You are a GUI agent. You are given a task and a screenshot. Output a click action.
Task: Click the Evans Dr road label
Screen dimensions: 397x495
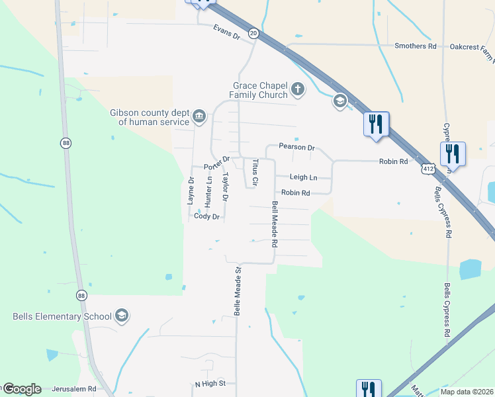tap(226, 30)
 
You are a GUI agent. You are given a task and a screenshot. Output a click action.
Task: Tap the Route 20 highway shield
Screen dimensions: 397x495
tap(253, 32)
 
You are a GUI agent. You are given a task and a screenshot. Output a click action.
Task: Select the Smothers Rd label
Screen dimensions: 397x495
tap(416, 46)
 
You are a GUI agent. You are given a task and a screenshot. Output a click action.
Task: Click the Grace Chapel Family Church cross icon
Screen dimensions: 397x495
tap(298, 89)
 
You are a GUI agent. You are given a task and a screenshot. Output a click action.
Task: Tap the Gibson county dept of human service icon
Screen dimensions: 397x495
tap(199, 117)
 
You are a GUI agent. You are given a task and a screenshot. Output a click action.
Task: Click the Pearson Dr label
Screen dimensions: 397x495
tap(296, 146)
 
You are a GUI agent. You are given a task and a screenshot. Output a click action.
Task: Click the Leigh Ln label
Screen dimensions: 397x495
tap(304, 177)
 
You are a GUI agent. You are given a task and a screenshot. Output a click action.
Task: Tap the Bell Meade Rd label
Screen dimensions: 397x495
tap(274, 224)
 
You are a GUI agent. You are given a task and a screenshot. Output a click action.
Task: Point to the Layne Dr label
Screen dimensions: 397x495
tap(191, 189)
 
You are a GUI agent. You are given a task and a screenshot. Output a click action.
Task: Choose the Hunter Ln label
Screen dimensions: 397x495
tap(208, 189)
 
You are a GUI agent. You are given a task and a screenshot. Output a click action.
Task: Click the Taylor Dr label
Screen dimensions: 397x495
tap(226, 187)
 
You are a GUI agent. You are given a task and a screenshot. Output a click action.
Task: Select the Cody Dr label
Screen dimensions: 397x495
tap(206, 216)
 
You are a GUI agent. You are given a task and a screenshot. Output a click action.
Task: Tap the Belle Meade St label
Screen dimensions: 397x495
tap(236, 290)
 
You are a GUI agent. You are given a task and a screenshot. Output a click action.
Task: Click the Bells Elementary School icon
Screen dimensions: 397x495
tap(121, 316)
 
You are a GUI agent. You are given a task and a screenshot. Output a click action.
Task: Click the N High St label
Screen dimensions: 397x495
tap(210, 384)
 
